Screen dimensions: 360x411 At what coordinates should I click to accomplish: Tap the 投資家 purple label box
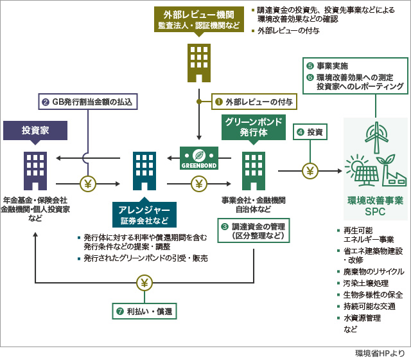[x=35, y=130]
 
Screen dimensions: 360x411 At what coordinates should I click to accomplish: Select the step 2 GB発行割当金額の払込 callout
[x=87, y=102]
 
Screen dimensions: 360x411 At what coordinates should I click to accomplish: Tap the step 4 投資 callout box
[x=311, y=132]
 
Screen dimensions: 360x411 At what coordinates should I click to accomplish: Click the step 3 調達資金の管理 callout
[x=253, y=231]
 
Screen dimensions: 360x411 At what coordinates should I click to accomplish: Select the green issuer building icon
[x=253, y=170]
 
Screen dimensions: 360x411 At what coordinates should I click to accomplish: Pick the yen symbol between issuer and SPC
[x=310, y=171]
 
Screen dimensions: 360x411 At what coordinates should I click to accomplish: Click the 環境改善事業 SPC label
[x=375, y=206]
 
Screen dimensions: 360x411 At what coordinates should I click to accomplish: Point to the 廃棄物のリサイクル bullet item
[x=373, y=271]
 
